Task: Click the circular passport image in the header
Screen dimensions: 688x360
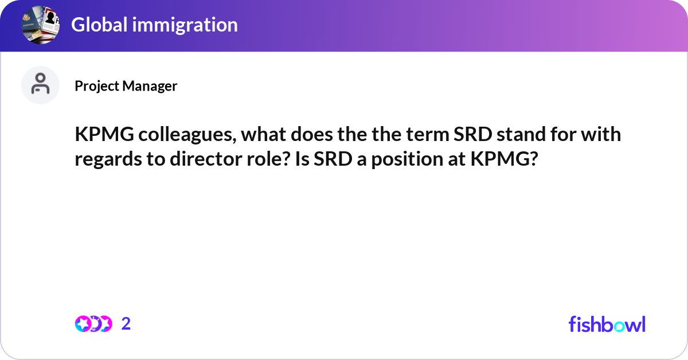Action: coord(40,25)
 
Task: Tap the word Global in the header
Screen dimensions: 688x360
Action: coord(99,25)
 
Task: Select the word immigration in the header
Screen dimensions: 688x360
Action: coord(185,25)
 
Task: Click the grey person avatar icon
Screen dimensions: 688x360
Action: coord(40,85)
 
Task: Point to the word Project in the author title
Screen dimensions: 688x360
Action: coord(97,86)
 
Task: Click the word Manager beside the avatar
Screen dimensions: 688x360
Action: coord(150,86)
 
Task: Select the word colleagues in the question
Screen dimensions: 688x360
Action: coord(187,135)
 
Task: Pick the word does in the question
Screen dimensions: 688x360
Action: coord(312,134)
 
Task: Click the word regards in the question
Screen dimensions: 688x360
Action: coord(108,160)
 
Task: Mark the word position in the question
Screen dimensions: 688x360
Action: coord(407,160)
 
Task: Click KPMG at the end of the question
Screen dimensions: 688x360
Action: coord(500,159)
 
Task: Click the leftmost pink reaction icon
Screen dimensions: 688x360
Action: coord(83,324)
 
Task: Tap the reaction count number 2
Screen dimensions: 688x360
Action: coord(126,324)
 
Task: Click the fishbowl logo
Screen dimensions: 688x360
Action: coord(607,324)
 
